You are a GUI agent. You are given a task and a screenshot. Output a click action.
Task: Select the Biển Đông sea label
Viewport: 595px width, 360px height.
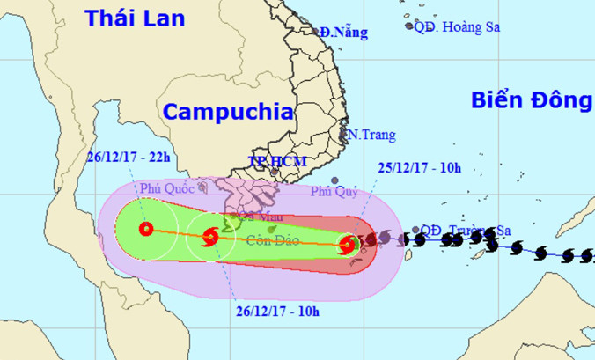click(x=531, y=99)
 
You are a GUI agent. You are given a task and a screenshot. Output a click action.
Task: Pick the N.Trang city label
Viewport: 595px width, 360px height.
click(x=371, y=135)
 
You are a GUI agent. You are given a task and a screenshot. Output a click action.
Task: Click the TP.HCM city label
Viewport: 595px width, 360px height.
click(x=269, y=162)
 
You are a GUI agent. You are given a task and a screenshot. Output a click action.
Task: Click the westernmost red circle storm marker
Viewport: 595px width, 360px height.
click(x=146, y=230)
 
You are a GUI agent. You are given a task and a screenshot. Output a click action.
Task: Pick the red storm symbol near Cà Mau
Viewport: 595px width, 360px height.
click(x=210, y=236)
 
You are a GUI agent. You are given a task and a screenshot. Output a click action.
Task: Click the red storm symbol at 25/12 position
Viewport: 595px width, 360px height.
click(x=349, y=246)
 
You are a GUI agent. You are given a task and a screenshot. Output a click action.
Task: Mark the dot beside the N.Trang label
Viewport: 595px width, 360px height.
click(x=344, y=135)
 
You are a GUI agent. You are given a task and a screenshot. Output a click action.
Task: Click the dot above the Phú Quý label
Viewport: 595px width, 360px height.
click(x=334, y=180)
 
